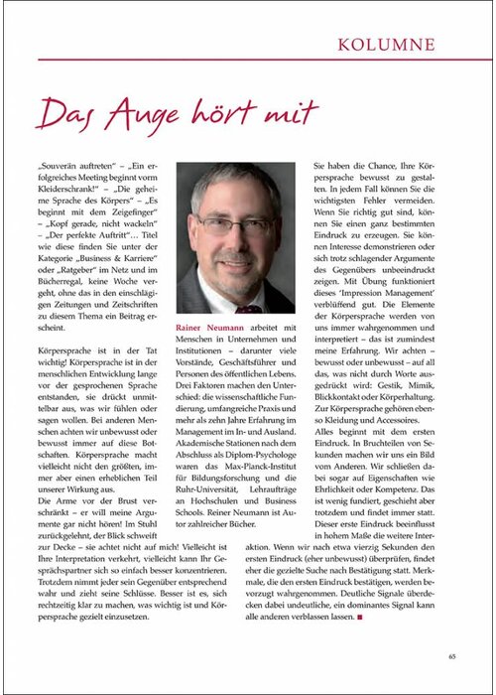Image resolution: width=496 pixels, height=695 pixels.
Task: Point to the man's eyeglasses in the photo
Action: [232, 223]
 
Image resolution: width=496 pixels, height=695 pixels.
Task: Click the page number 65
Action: [451, 654]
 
